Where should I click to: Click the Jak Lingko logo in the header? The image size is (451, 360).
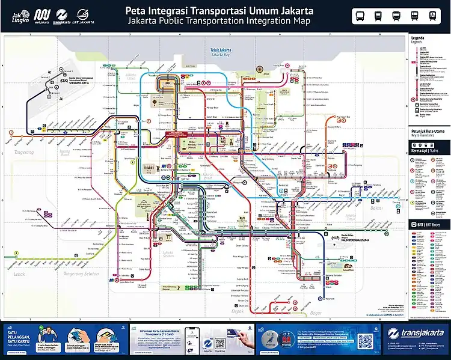point(20,16)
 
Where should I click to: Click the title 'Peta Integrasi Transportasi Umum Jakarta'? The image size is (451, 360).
point(219,11)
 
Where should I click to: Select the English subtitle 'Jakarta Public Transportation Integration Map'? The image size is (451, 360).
point(219,21)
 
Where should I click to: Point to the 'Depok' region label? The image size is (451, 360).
point(239,312)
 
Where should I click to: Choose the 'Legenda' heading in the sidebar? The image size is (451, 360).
point(417,37)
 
